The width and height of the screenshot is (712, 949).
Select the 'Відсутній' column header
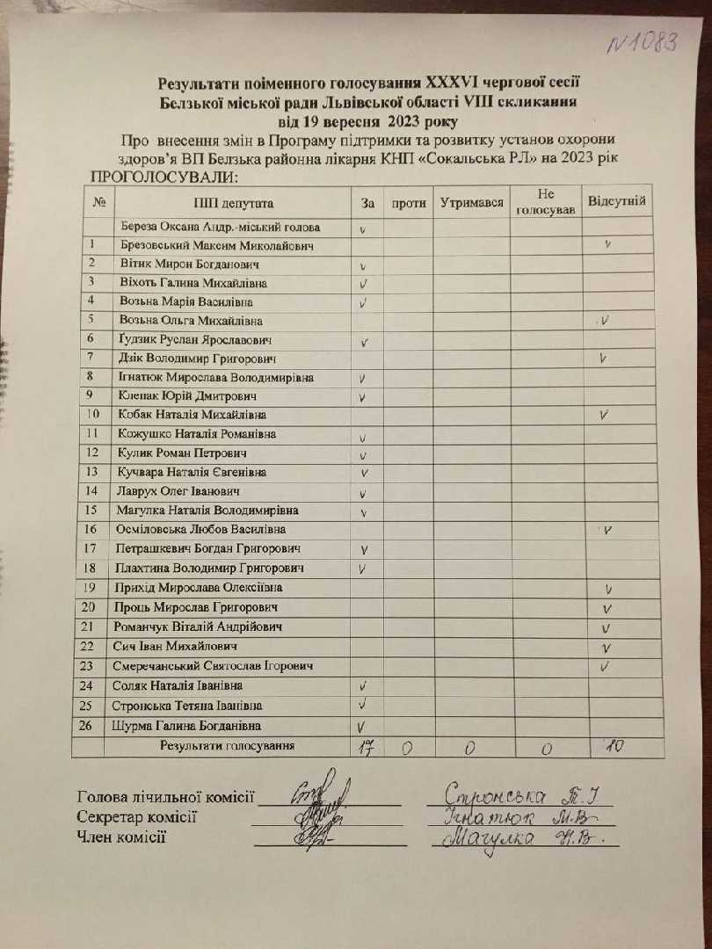click(616, 202)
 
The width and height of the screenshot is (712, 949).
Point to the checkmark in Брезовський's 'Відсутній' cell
click(607, 244)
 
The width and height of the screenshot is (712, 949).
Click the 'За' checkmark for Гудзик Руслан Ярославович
click(362, 341)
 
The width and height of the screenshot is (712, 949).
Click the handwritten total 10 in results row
click(615, 746)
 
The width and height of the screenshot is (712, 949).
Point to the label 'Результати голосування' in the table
click(226, 746)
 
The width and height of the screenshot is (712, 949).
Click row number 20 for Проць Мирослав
click(88, 607)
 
